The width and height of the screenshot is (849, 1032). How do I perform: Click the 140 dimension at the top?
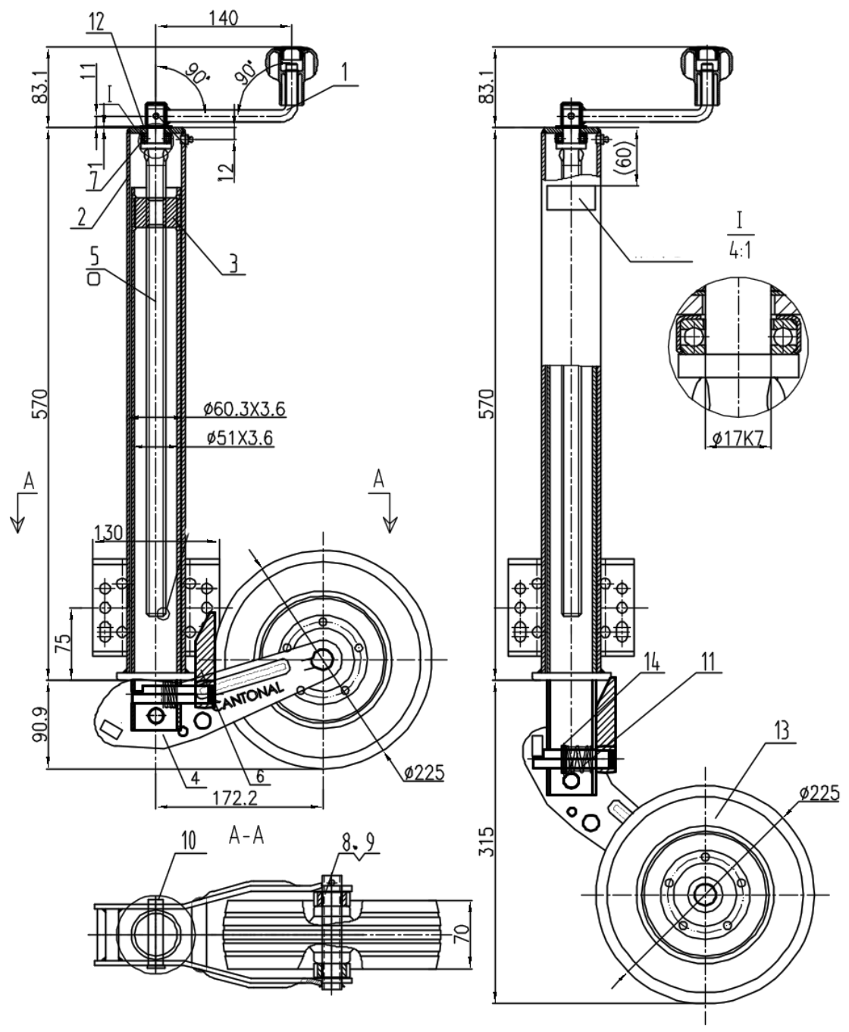pos(223,17)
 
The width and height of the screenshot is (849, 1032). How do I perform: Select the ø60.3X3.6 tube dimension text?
pos(244,409)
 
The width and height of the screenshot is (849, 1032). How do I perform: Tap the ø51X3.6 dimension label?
pos(239,438)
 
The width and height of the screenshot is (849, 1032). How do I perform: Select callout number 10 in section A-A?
pos(189,840)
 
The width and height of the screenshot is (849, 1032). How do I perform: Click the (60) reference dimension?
pos(623,156)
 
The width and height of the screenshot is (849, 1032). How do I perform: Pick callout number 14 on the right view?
pos(651,661)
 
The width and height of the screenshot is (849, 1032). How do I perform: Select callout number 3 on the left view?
pos(234,263)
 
